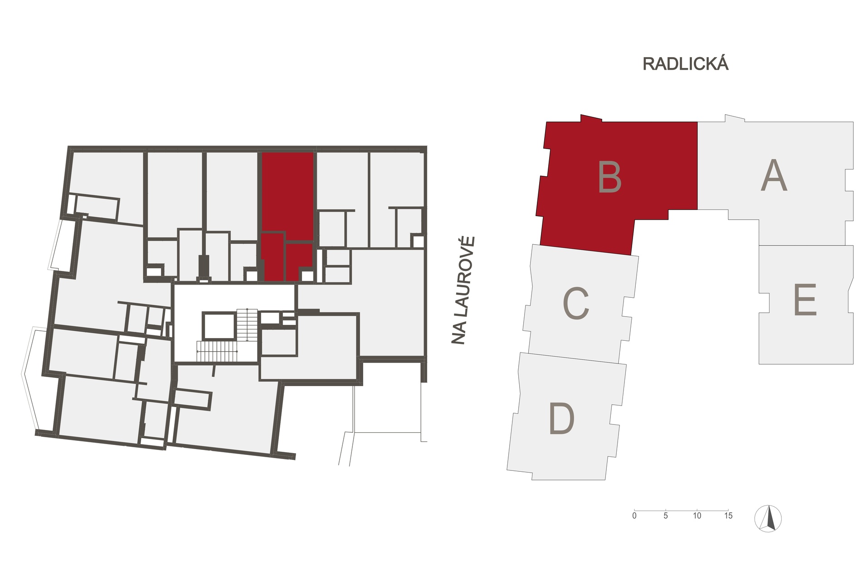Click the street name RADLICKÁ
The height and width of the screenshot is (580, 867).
click(685, 63)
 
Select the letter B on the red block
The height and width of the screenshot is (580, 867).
click(609, 178)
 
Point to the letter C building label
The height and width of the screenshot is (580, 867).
click(576, 304)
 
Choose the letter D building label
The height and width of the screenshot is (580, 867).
click(561, 419)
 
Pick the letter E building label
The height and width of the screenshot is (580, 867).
click(805, 300)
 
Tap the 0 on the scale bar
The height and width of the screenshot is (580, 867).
click(634, 516)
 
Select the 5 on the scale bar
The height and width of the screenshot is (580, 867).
click(665, 516)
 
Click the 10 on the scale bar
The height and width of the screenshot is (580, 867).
click(697, 516)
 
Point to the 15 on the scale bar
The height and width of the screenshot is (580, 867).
click(728, 516)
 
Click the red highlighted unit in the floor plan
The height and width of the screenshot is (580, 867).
click(287, 217)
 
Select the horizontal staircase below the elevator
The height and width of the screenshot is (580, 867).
click(217, 352)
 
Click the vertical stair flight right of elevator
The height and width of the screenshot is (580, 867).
click(247, 324)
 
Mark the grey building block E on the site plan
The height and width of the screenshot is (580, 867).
click(806, 304)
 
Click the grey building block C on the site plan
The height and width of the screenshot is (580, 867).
click(581, 304)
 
